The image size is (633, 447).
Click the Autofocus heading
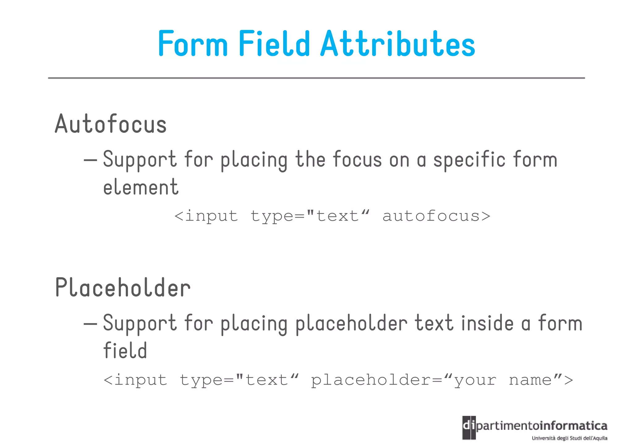point(111,124)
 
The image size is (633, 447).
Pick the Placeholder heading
point(123,288)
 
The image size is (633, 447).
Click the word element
point(141,187)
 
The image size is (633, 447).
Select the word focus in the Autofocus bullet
point(357,160)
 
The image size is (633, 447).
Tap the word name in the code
point(530,380)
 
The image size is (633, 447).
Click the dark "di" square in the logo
point(469,428)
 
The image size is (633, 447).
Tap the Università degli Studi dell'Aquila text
point(569,438)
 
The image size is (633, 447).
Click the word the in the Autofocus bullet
point(310,160)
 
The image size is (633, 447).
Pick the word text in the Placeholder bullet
point(434,323)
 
